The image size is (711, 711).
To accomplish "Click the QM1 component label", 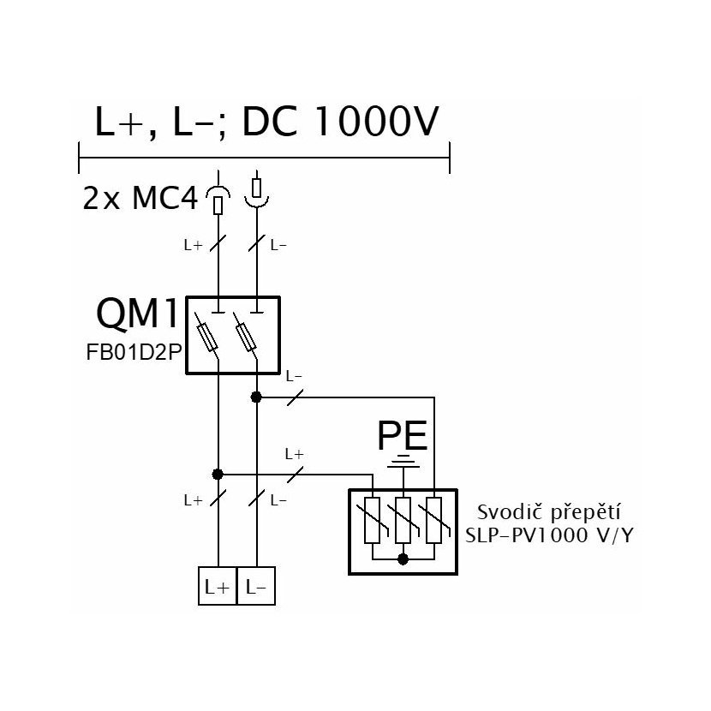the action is [137, 314].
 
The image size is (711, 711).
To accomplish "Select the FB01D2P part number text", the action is [134, 353].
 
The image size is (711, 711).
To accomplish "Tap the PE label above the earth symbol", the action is [403, 436].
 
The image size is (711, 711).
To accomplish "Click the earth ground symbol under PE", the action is [403, 461].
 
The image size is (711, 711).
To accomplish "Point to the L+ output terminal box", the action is [218, 586].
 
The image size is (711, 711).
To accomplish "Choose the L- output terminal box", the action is [256, 586].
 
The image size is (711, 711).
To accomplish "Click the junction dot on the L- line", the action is [256, 397].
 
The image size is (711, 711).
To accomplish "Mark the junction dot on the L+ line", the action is [218, 475].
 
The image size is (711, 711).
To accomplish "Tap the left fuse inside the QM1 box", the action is [207, 338].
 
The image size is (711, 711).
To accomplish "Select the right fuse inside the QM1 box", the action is [245, 338].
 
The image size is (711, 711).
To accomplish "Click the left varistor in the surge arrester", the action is [373, 520].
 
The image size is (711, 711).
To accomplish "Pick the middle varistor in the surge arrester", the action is [403, 520].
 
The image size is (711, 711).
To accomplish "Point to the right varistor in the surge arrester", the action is [434, 520].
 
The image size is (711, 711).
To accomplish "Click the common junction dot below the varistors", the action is [403, 559].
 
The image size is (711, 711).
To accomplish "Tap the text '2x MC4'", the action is [140, 198].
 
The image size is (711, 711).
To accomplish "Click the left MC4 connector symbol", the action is [218, 200].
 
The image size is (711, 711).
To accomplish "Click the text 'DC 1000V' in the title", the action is [341, 121].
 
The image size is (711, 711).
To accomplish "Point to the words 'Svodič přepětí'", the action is [548, 513].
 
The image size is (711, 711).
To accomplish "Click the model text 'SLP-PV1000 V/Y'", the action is [548, 535].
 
